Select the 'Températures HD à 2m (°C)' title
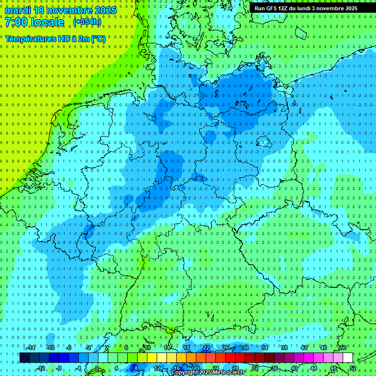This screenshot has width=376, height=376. point(55,38)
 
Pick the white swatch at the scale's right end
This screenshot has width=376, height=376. point(348,358)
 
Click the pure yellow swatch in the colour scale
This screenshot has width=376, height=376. point(152,358)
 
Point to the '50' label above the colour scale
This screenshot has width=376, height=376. point(343,348)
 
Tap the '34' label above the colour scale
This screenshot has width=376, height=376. point(264,348)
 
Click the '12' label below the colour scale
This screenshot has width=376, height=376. point(157,368)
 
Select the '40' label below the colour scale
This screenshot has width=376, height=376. point(294,368)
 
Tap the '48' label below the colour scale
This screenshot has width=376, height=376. point(333,368)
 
